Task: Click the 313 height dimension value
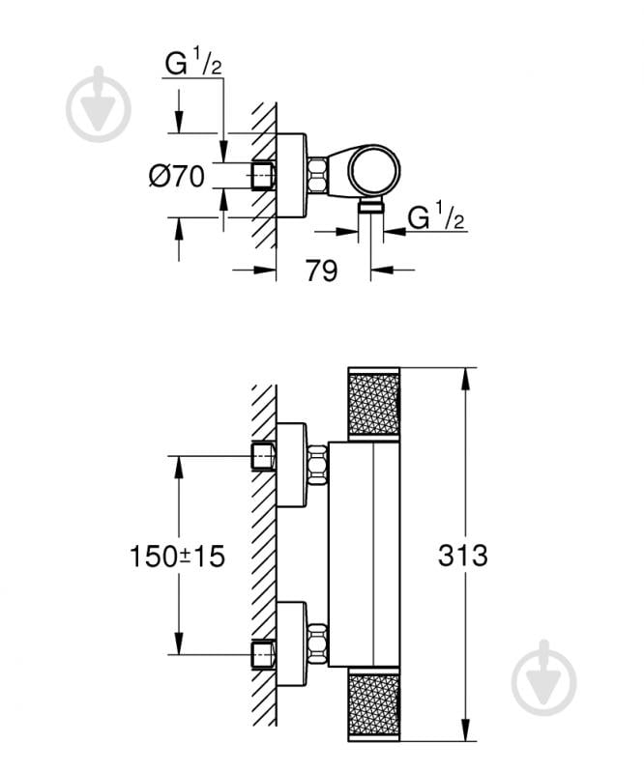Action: click(463, 557)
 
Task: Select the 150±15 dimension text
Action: click(177, 557)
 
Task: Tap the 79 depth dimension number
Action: click(321, 272)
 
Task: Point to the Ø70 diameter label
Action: click(176, 177)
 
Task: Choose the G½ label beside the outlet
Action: click(436, 218)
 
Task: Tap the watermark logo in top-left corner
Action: click(99, 104)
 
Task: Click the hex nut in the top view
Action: click(317, 174)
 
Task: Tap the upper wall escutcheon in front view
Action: click(291, 464)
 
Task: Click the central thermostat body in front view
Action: click(363, 556)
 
